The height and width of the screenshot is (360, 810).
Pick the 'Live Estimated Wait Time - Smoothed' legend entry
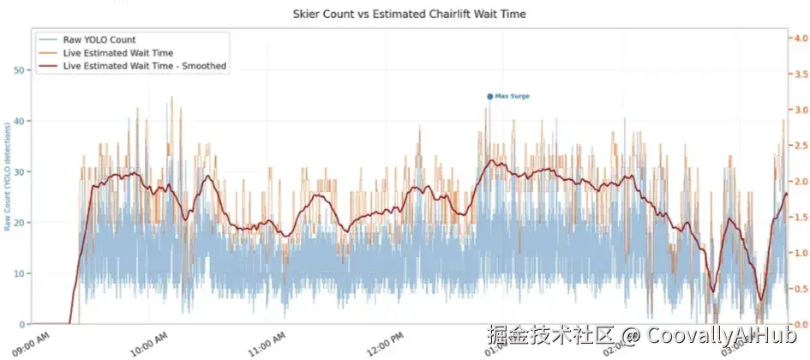coord(144,66)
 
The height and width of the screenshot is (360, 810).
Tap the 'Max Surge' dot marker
coord(489,97)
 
